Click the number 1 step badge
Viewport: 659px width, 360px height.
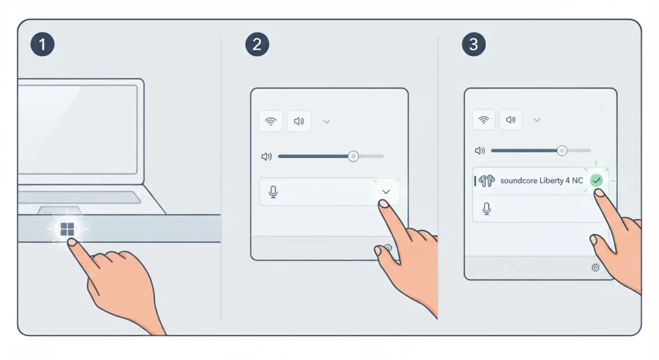pyautogui.click(x=42, y=44)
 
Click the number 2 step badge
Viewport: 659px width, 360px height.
pyautogui.click(x=257, y=44)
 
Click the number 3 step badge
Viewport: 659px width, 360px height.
pyautogui.click(x=474, y=44)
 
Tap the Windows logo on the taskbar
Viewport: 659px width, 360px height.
pyautogui.click(x=67, y=229)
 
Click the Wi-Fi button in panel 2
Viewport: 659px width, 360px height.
pyautogui.click(x=271, y=121)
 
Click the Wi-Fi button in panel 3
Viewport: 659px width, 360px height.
pyautogui.click(x=484, y=120)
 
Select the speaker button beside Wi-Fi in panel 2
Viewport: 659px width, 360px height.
pyautogui.click(x=299, y=121)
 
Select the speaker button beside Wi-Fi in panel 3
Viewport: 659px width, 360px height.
pyautogui.click(x=510, y=120)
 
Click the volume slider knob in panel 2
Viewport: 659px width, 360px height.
pyautogui.click(x=353, y=156)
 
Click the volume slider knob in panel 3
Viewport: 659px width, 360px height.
pyautogui.click(x=562, y=151)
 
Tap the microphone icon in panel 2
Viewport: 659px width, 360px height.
pyautogui.click(x=273, y=192)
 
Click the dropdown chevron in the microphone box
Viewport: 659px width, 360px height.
pyautogui.click(x=386, y=192)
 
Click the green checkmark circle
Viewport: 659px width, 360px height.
pyautogui.click(x=597, y=180)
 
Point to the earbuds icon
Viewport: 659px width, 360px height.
pyautogui.click(x=487, y=181)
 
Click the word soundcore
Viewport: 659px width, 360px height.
pyautogui.click(x=519, y=181)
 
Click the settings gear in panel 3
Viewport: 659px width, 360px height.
pyautogui.click(x=595, y=267)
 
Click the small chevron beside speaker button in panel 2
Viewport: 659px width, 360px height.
pyautogui.click(x=326, y=122)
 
